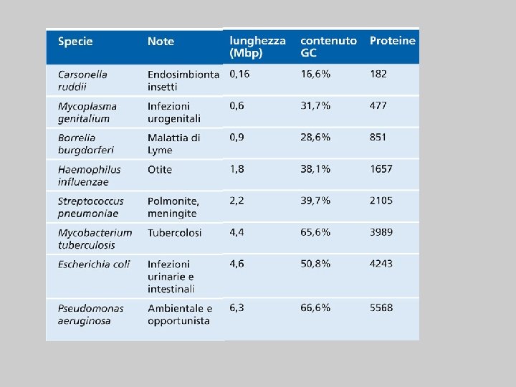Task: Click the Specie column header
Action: click(75, 42)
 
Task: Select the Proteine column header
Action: click(392, 41)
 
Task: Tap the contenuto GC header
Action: click(328, 47)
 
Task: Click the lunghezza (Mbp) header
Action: click(257, 47)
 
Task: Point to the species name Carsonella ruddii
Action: click(82, 80)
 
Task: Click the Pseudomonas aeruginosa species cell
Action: click(90, 314)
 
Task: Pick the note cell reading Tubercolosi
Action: click(174, 233)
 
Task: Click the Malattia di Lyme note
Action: click(173, 143)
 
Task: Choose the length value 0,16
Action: click(240, 74)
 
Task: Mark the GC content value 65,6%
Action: click(315, 232)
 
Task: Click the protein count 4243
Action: click(381, 264)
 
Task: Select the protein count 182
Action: click(378, 74)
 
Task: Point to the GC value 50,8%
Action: click(315, 264)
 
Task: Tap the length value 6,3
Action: click(236, 307)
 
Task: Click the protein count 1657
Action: click(381, 169)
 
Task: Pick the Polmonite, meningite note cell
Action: click(173, 207)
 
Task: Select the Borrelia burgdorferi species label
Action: click(85, 143)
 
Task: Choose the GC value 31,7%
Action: click(315, 106)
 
